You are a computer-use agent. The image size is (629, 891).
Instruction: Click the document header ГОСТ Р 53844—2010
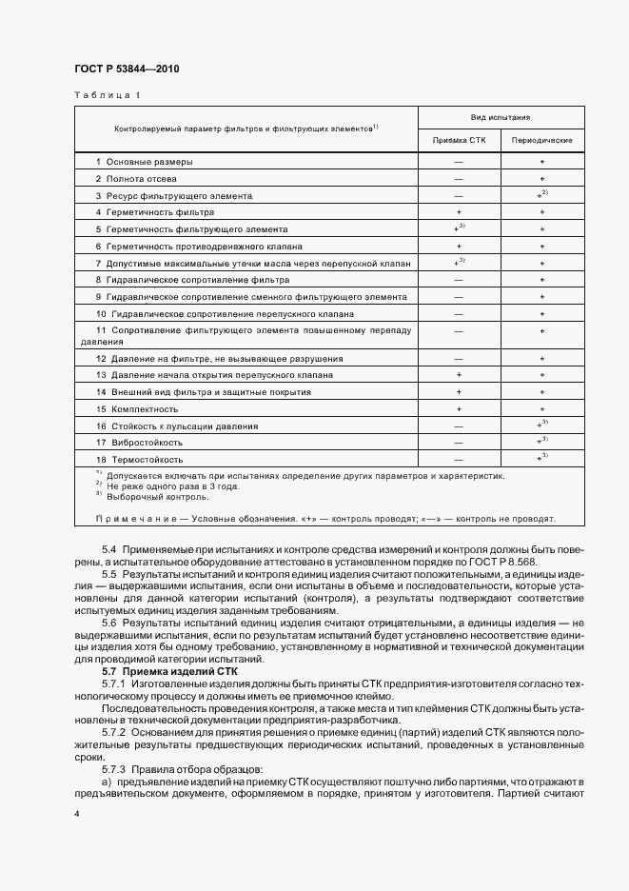click(126, 69)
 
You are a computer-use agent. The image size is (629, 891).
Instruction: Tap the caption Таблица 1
click(108, 95)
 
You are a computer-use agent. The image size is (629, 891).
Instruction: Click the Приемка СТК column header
click(459, 140)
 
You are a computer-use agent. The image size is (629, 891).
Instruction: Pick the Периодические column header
click(541, 140)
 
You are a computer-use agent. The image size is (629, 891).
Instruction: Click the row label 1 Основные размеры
click(144, 161)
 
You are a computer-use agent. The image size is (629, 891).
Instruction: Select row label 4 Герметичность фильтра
click(152, 212)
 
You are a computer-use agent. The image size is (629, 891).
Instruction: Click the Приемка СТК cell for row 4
click(459, 212)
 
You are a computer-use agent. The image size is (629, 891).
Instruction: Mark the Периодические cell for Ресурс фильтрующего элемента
click(541, 195)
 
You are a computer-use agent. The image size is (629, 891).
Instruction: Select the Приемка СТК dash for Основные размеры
click(459, 161)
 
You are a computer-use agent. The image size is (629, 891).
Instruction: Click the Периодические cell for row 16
click(541, 426)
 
